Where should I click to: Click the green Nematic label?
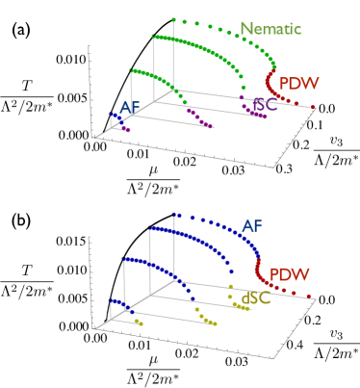click(x=270, y=29)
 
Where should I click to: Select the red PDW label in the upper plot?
click(x=298, y=84)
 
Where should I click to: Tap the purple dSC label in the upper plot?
click(x=263, y=105)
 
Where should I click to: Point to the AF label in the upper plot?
click(x=130, y=108)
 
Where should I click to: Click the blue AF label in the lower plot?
click(x=251, y=226)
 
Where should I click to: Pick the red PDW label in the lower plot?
click(x=289, y=274)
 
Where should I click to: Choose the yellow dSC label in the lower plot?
click(x=255, y=298)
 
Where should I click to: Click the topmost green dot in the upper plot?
click(x=173, y=19)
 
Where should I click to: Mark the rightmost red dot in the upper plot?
click(x=312, y=107)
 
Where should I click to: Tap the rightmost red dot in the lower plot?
click(x=310, y=297)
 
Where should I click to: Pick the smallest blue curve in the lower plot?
click(x=117, y=303)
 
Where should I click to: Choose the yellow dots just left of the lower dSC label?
click(x=233, y=297)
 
